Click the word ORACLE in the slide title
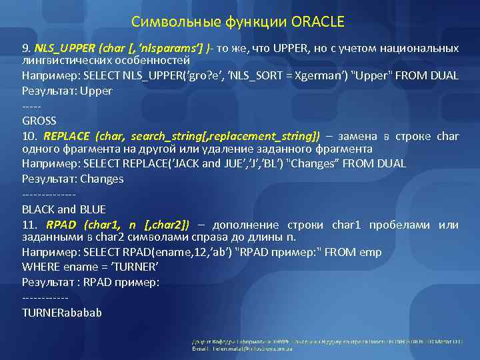(x=318, y=23)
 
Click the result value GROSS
(x=39, y=121)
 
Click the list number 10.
(x=29, y=136)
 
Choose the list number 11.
(x=29, y=225)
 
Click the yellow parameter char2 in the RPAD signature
(x=170, y=225)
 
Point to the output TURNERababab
(x=62, y=312)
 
